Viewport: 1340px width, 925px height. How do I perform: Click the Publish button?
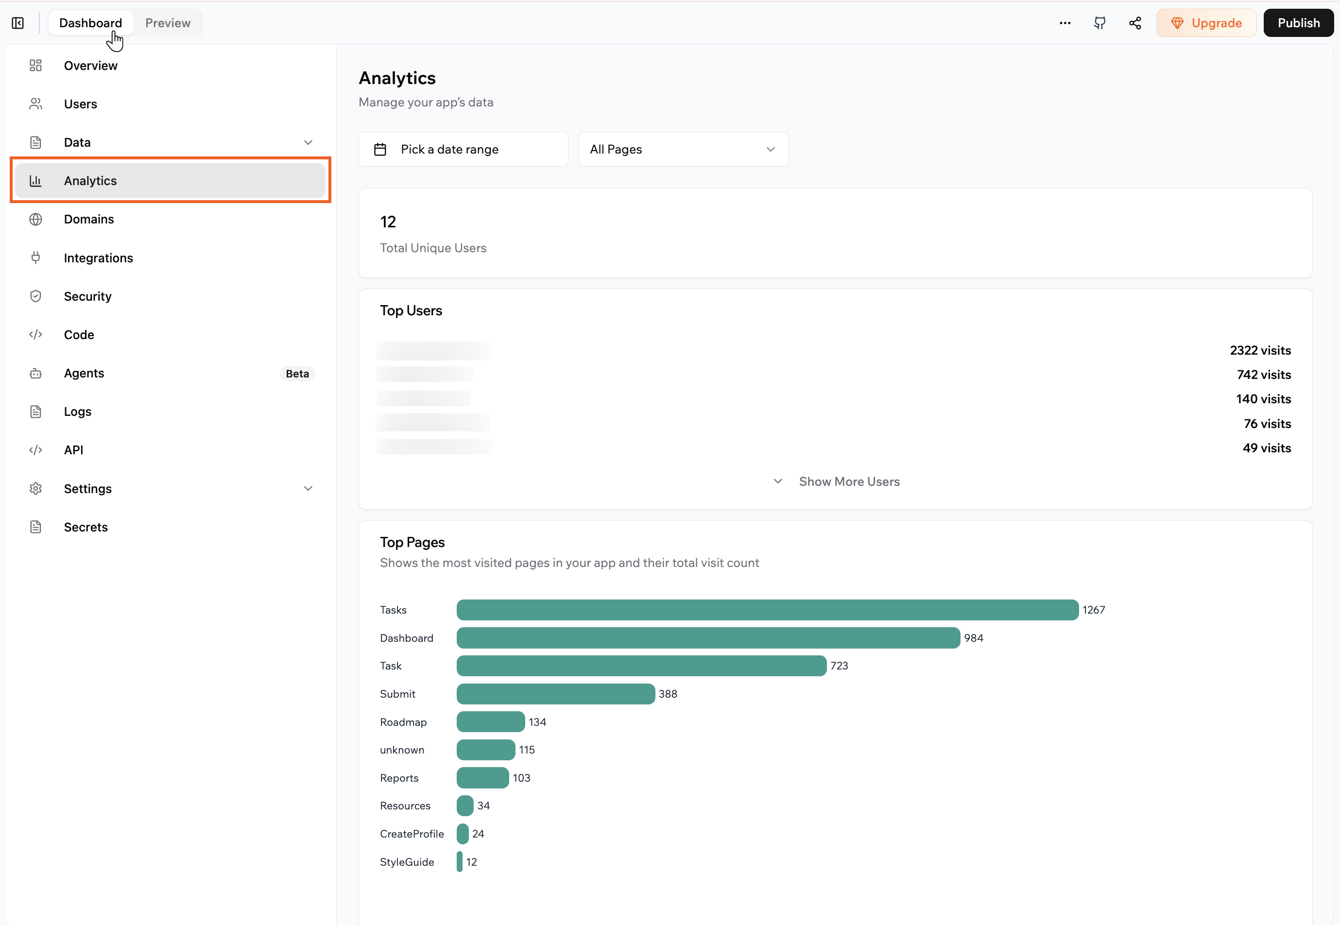pyautogui.click(x=1298, y=23)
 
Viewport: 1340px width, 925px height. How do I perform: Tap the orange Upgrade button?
pyautogui.click(x=1206, y=23)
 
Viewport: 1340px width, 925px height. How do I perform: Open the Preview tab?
pyautogui.click(x=168, y=23)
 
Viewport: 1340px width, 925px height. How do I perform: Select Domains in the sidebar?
pyautogui.click(x=89, y=219)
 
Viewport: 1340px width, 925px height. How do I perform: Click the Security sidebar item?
pyautogui.click(x=87, y=296)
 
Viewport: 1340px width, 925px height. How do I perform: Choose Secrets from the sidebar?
pyautogui.click(x=86, y=527)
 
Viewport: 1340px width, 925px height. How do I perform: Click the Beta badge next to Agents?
pyautogui.click(x=297, y=374)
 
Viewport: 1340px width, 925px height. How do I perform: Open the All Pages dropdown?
pyautogui.click(x=683, y=150)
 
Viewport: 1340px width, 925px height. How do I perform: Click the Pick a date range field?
pyautogui.click(x=463, y=150)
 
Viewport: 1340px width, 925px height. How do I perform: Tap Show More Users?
pyautogui.click(x=848, y=481)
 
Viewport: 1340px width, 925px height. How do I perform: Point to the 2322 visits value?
pyautogui.click(x=1260, y=351)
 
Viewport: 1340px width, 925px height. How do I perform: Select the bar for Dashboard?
pyautogui.click(x=708, y=638)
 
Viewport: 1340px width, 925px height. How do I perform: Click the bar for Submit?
pyautogui.click(x=555, y=694)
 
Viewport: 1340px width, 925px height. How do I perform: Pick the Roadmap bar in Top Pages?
pyautogui.click(x=490, y=722)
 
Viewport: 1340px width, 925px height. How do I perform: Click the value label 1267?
pyautogui.click(x=1094, y=610)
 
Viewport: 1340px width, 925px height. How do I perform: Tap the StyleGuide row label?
pyautogui.click(x=407, y=862)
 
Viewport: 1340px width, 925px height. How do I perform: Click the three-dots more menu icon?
pyautogui.click(x=1065, y=23)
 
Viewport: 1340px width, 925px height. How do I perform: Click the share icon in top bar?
pyautogui.click(x=1135, y=23)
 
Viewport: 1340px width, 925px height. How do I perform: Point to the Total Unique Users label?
pyautogui.click(x=433, y=248)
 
